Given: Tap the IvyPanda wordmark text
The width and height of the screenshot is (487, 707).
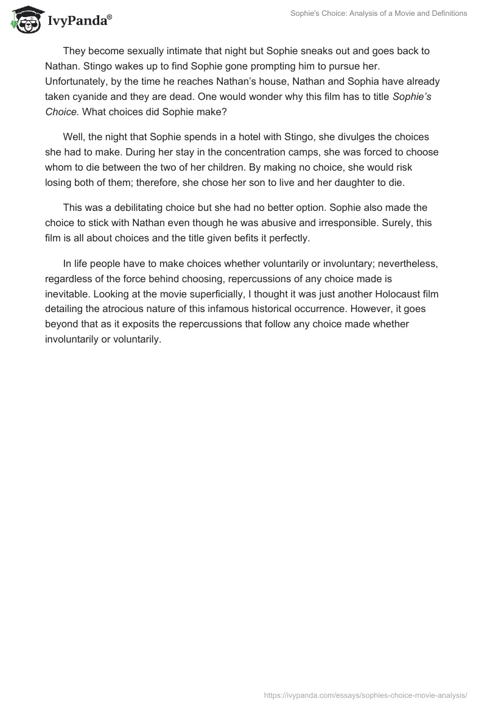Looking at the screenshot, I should tap(79, 21).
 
